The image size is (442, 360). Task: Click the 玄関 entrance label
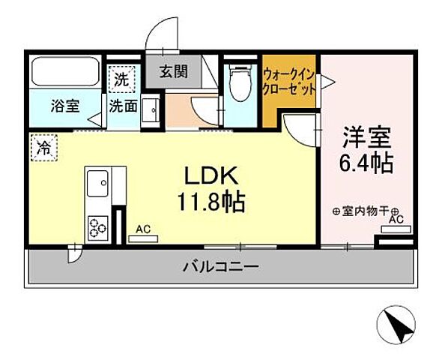click(174, 73)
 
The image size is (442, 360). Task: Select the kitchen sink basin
click(97, 181)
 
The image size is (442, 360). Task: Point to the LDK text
click(212, 176)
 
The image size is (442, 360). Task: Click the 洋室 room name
click(365, 137)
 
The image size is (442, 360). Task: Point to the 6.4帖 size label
click(365, 163)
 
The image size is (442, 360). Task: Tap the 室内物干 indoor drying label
click(365, 212)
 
